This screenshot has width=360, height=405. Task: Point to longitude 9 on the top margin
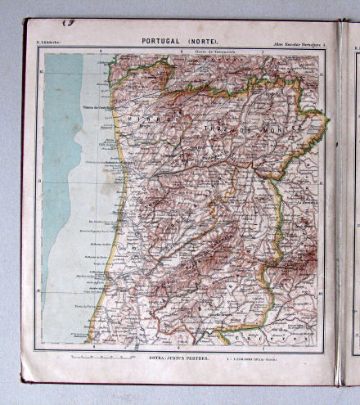click(x=101, y=52)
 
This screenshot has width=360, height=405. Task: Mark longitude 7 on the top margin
click(x=261, y=52)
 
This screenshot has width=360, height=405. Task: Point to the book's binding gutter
click(x=337, y=205)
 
